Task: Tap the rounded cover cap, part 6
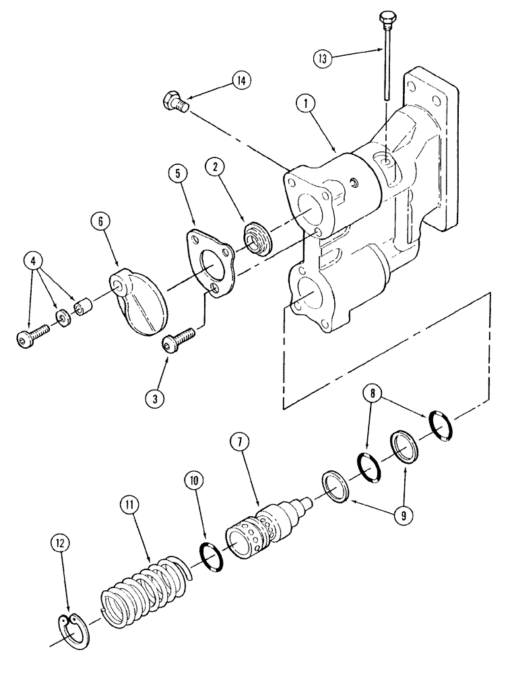138,304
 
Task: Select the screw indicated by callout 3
179,339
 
